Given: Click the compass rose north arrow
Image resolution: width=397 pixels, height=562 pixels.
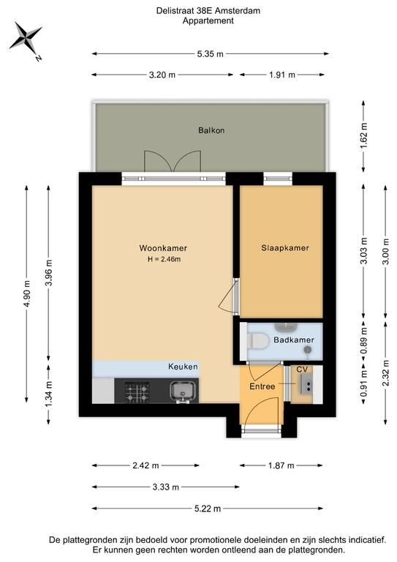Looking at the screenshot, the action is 26,37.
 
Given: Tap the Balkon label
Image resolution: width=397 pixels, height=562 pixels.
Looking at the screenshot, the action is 211,130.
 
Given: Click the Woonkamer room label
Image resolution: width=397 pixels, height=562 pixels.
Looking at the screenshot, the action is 163,248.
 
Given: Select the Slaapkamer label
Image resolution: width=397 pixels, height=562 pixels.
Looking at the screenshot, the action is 285,247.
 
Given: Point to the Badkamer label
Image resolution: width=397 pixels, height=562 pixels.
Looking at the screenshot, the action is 294,340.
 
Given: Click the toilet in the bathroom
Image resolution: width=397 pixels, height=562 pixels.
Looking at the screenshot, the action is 258,341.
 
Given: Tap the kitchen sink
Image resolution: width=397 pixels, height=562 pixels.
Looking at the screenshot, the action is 184,391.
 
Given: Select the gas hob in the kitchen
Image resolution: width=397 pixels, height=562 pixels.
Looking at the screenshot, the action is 137,391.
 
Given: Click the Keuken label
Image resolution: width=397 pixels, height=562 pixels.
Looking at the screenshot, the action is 183,367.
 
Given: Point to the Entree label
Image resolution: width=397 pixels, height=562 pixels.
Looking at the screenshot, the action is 262,386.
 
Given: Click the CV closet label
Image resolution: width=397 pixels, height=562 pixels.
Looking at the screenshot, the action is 302,369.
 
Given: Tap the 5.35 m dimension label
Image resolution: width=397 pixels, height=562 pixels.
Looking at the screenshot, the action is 210,53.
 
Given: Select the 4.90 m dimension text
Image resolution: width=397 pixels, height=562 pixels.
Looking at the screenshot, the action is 26,294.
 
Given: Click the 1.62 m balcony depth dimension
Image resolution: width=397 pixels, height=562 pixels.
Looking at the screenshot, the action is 363,136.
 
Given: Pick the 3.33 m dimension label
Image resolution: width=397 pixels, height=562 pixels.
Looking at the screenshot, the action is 165,487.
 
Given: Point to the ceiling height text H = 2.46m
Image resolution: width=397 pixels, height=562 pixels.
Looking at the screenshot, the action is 164,259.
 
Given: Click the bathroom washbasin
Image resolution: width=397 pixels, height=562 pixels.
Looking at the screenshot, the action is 286,326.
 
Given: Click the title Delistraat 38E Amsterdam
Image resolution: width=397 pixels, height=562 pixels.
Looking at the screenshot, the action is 208,11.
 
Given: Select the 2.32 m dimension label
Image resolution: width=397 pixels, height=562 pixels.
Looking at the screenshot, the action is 385,372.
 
